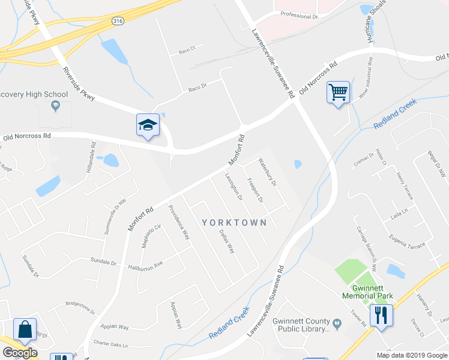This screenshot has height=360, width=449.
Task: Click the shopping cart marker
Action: point(339,93)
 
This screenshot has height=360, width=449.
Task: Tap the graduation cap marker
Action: point(148,125)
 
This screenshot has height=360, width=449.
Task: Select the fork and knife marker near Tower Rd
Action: point(381,314)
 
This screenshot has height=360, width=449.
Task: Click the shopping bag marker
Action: point(25,329)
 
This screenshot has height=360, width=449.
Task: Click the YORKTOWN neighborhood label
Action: point(234,222)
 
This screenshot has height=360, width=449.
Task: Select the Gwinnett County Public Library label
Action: point(301,325)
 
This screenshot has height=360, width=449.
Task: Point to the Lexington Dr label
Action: point(234,187)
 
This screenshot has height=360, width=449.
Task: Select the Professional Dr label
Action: point(299,16)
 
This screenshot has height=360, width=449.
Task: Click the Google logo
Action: point(20,353)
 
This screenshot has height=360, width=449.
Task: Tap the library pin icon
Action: point(337,325)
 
